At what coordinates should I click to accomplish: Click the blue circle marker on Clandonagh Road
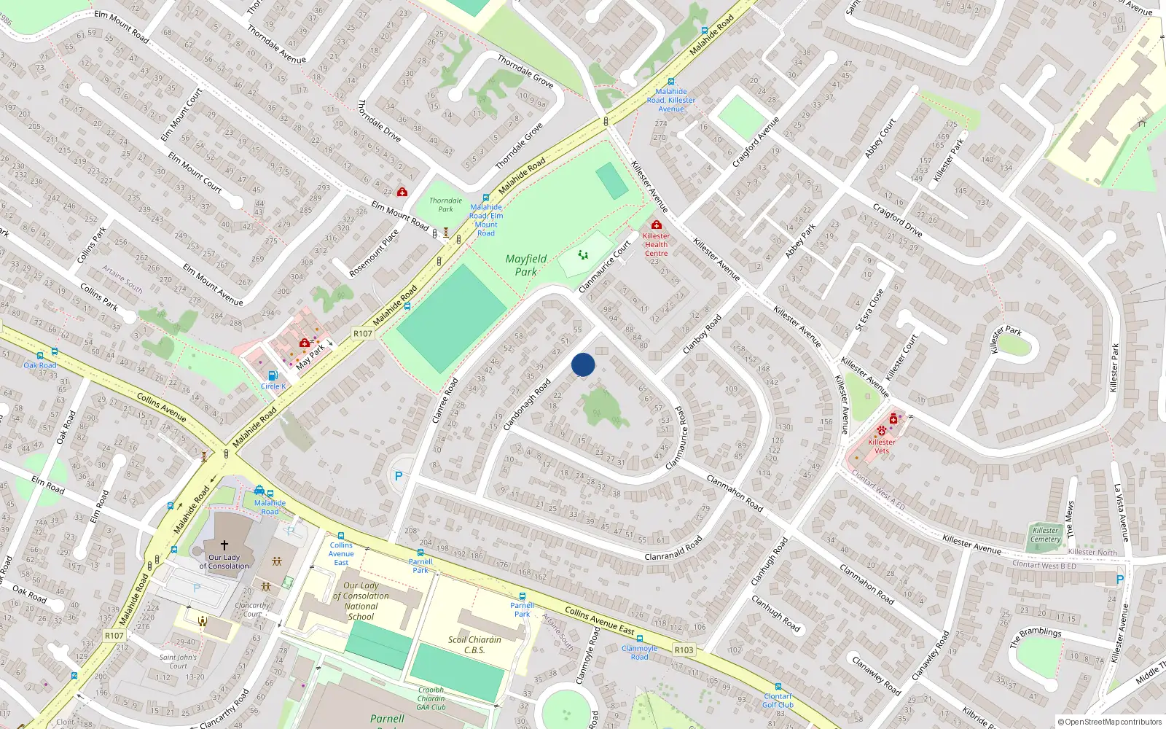coord(583,364)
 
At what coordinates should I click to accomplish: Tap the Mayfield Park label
coord(525,265)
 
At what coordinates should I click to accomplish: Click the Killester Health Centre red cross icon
coord(656,225)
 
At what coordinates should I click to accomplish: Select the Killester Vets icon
coord(882,431)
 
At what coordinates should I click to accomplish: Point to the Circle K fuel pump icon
coord(273,376)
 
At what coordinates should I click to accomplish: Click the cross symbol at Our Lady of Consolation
coord(224,545)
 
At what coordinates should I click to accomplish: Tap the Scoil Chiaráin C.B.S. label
coord(474,644)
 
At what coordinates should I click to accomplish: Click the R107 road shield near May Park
coord(363,333)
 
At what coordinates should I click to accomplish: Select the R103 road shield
coord(684,650)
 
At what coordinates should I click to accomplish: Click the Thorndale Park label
coord(445,205)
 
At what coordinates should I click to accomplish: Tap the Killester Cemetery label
coord(1045,534)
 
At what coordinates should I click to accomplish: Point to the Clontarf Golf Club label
coord(778,701)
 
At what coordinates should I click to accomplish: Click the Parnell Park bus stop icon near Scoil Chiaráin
coord(522,596)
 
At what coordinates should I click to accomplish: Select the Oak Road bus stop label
coord(40,365)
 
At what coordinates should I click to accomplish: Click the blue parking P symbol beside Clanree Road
coord(398,476)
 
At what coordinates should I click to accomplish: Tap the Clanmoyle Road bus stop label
coord(639,652)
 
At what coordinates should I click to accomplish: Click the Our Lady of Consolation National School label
coord(361,601)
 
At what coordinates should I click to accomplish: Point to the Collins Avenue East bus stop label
coord(341,553)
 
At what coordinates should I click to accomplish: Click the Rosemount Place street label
coord(374,253)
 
